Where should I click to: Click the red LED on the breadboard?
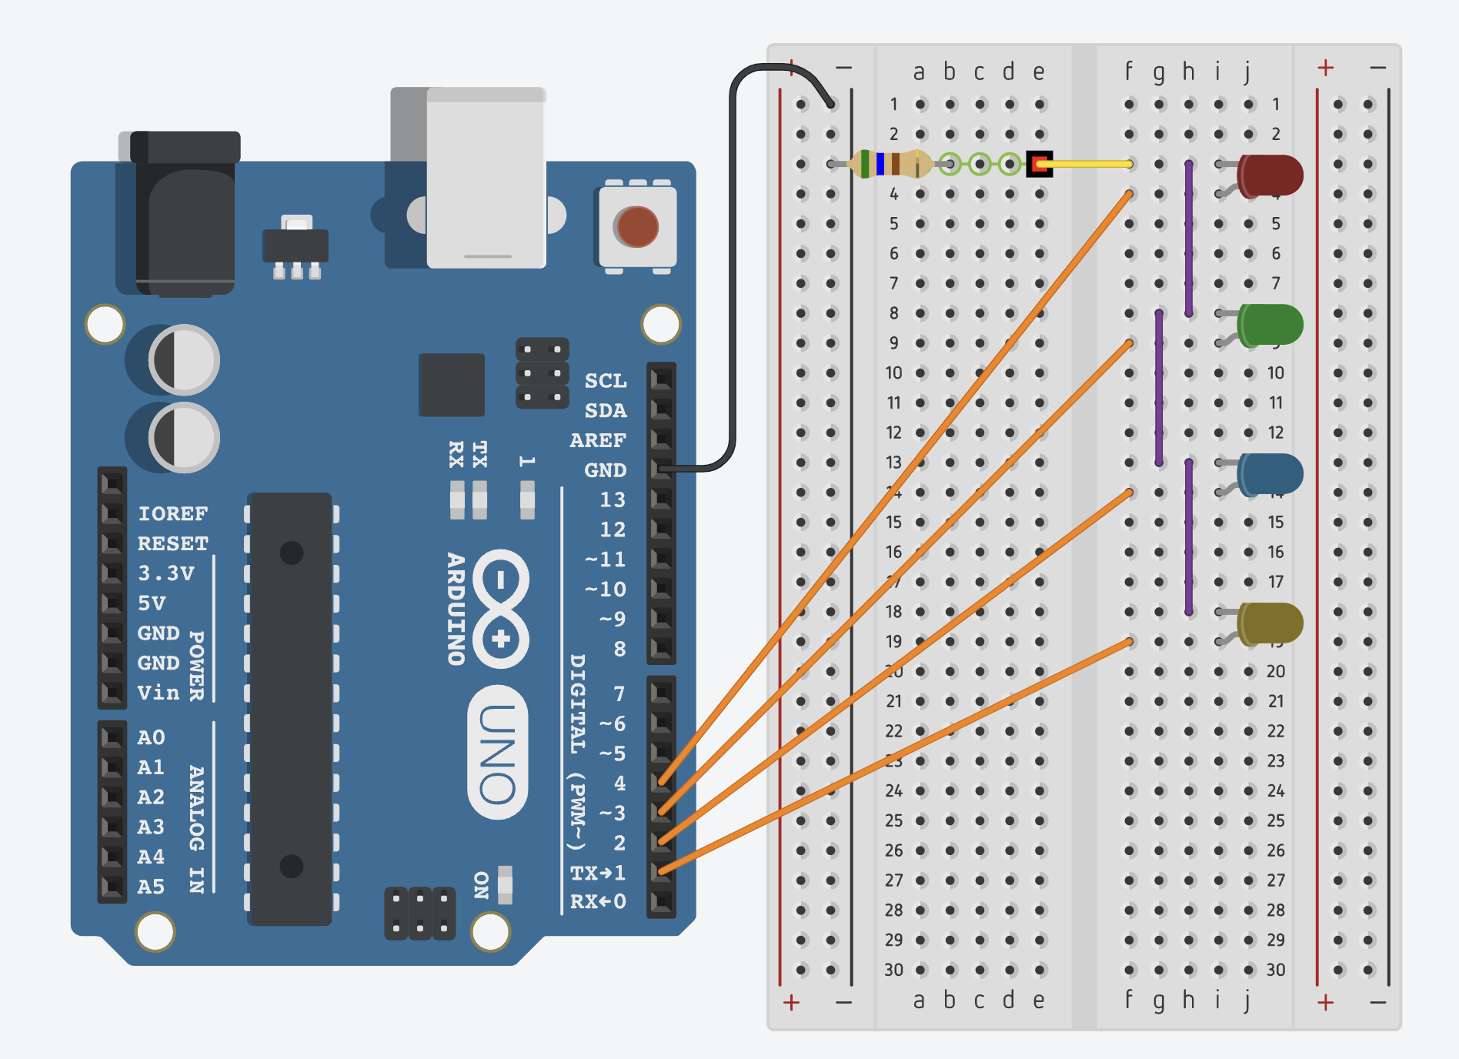(x=1270, y=175)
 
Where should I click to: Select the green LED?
(x=1270, y=324)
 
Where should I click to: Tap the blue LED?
(x=1270, y=473)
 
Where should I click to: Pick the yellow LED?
(x=1270, y=623)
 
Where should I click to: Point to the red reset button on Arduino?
(x=636, y=227)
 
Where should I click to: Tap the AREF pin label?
(x=598, y=440)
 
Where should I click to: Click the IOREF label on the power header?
(x=172, y=513)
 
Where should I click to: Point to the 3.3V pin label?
(x=165, y=573)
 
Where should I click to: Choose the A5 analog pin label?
(x=151, y=887)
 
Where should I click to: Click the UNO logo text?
(x=498, y=753)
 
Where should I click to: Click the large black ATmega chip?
(x=291, y=708)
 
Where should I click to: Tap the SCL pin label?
(x=606, y=381)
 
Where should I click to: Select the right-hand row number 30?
(x=1275, y=970)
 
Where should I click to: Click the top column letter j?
(x=1247, y=72)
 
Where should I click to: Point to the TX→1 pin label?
(x=597, y=873)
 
